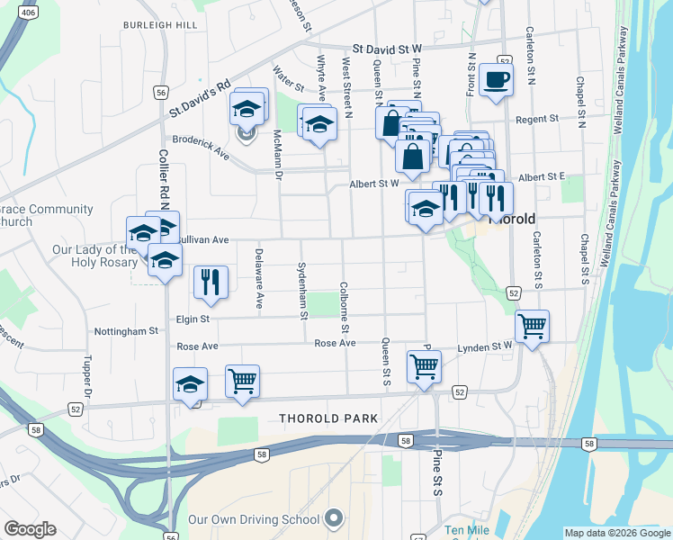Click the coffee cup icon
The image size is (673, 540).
[x=496, y=79]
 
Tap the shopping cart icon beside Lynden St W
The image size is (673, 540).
[x=532, y=327]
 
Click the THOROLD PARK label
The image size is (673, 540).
[x=328, y=418]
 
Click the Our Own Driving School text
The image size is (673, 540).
[x=254, y=519]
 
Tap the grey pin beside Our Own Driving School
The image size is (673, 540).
[x=335, y=518]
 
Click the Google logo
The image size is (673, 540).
[x=30, y=529]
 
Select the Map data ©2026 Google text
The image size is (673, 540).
[x=617, y=533]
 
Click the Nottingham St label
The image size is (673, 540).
[x=125, y=331]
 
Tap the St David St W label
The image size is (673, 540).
[x=387, y=49]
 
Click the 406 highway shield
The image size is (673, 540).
[x=27, y=13]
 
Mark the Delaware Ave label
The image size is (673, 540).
[x=259, y=279]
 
